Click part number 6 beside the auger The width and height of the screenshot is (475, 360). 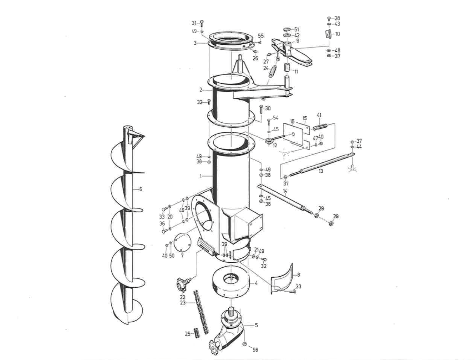[x=141, y=189]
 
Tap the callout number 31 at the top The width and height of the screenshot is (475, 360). [x=194, y=23]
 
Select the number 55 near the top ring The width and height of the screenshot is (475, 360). [x=261, y=36]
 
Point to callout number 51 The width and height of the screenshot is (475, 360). [x=297, y=30]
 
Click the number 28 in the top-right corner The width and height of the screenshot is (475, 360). [x=337, y=18]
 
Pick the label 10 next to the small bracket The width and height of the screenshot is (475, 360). [x=337, y=34]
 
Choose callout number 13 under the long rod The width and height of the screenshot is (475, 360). [x=320, y=171]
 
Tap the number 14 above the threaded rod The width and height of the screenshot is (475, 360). [x=285, y=192]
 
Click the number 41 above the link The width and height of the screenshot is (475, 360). [x=319, y=115]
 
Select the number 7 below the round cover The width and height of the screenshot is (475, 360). [x=182, y=256]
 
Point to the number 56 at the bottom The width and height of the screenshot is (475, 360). [x=255, y=349]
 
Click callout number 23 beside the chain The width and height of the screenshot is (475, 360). [x=183, y=302]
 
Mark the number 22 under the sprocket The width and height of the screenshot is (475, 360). [x=183, y=297]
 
